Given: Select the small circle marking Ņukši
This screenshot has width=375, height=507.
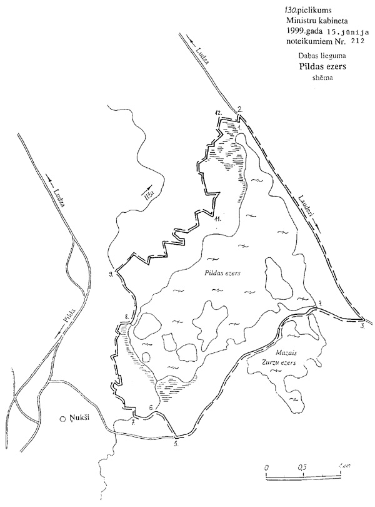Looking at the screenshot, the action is pyautogui.click(x=62, y=419).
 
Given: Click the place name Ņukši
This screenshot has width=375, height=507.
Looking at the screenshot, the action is pyautogui.click(x=79, y=419).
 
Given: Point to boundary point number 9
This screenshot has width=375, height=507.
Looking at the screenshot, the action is pyautogui.click(x=110, y=274).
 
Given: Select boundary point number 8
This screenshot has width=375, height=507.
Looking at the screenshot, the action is pyautogui.click(x=126, y=317).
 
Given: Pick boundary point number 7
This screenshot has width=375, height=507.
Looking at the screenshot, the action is pyautogui.click(x=132, y=423).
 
